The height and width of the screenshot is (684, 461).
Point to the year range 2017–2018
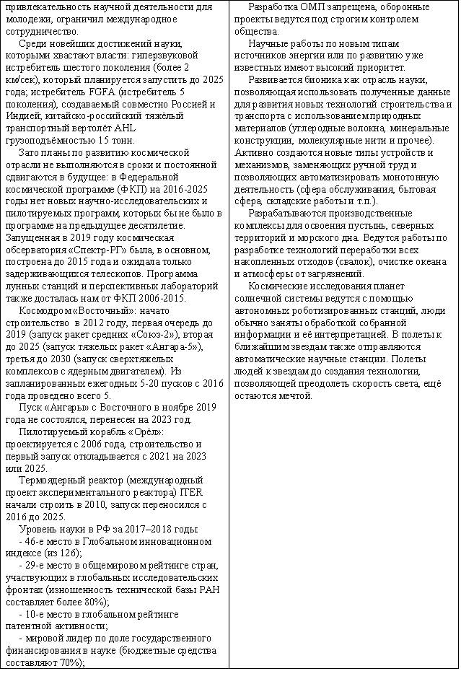coord(154,529)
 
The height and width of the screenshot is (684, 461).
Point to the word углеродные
coord(321,128)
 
